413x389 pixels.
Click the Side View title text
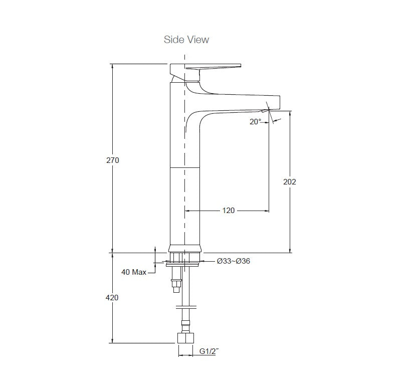(x=186, y=40)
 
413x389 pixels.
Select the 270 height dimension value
(x=112, y=160)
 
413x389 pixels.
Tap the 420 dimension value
(x=112, y=297)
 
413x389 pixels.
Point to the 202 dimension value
(x=290, y=181)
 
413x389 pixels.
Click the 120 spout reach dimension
(x=228, y=211)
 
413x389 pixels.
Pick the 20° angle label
(x=256, y=121)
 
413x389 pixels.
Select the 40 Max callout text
(x=134, y=272)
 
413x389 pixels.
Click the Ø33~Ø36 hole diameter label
(x=233, y=261)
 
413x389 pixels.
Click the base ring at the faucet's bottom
(x=185, y=249)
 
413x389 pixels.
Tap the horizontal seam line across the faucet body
(x=185, y=165)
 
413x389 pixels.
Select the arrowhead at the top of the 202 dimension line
(x=290, y=112)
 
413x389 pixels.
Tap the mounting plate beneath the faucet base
(x=183, y=264)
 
